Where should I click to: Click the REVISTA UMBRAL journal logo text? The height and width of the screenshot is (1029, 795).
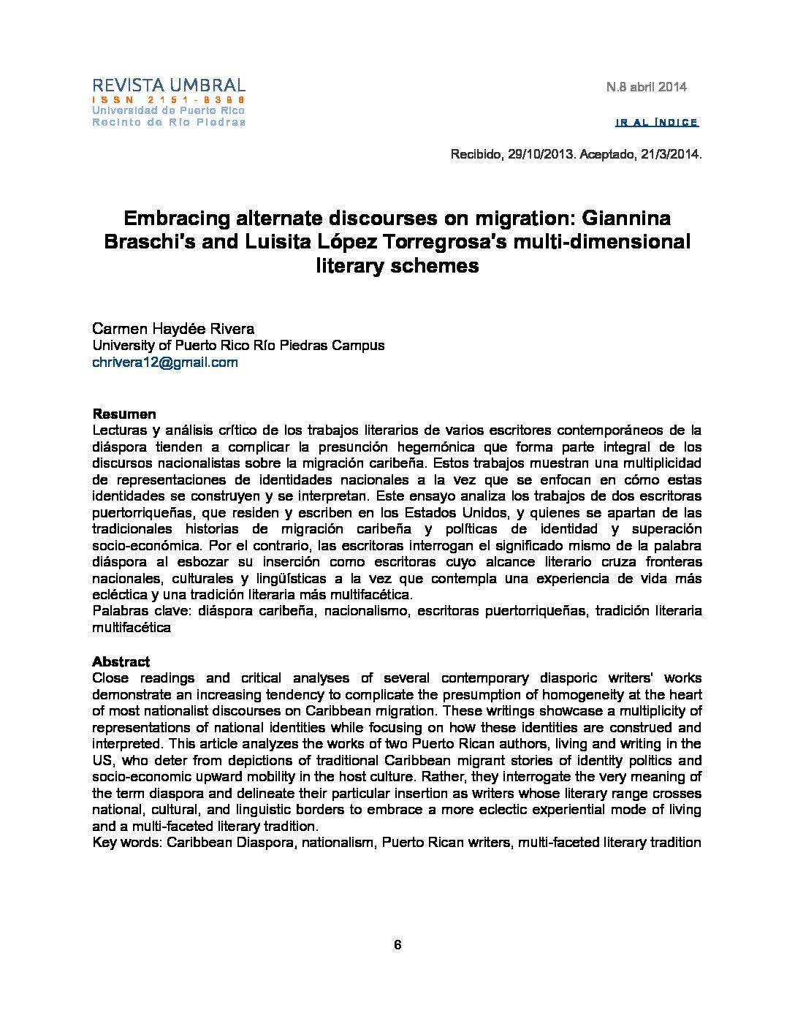tap(169, 86)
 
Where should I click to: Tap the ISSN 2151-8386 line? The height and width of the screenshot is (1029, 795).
tap(169, 99)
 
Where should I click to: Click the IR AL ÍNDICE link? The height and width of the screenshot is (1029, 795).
tap(657, 122)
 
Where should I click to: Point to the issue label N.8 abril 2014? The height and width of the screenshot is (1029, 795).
tap(646, 87)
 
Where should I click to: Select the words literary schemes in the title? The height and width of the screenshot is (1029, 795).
tap(397, 265)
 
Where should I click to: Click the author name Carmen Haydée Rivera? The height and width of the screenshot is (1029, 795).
tap(173, 328)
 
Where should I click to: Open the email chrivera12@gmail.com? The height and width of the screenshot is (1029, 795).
tap(165, 362)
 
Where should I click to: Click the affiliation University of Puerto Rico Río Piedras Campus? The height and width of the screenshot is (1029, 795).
tap(238, 345)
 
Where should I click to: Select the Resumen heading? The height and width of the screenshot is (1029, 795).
tap(124, 414)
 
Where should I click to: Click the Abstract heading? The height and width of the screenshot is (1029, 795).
tap(121, 661)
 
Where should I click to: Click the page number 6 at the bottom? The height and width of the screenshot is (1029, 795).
tap(397, 945)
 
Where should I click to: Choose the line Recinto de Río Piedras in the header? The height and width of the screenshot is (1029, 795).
tap(169, 122)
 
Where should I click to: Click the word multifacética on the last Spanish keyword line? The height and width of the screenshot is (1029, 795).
tap(132, 628)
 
